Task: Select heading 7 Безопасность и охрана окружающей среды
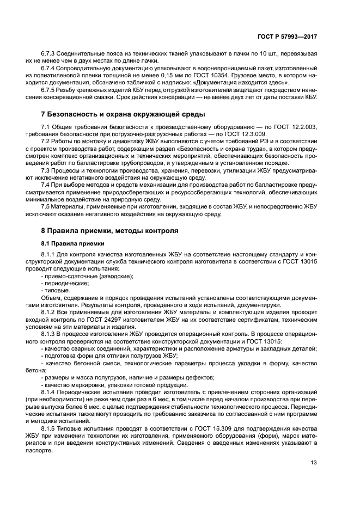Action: [x=123, y=114]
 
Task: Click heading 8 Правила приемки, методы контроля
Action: [x=109, y=231]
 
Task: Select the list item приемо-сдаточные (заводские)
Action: [x=89, y=277]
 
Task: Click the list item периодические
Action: [x=66, y=283]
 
